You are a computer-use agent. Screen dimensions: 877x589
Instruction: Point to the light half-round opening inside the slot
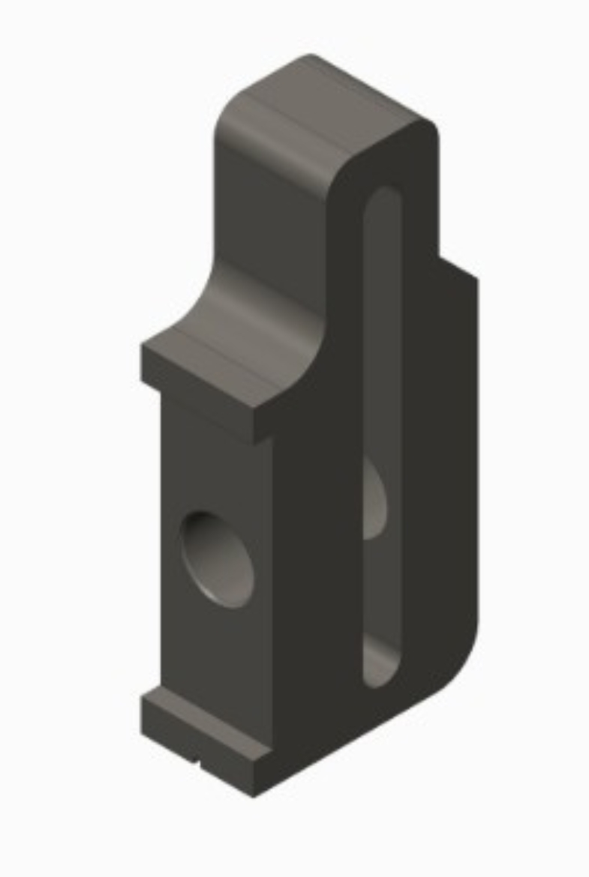(x=374, y=498)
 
